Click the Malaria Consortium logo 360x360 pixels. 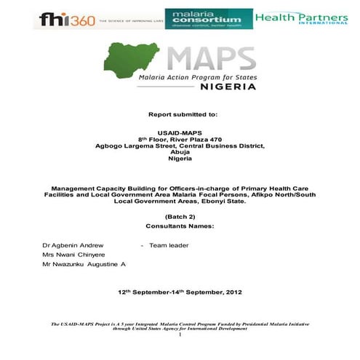[208, 19]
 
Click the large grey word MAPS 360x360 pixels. [211, 57]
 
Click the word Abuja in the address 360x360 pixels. [180, 152]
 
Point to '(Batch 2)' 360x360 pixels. [180, 217]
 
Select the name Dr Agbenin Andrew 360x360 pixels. [73, 245]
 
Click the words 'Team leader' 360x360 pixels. [169, 245]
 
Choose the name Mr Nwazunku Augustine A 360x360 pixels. [84, 265]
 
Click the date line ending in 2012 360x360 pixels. [180, 292]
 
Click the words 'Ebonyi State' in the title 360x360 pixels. [224, 201]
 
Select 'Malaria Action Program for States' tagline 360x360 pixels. [199, 76]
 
